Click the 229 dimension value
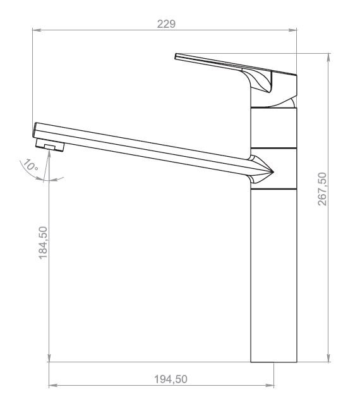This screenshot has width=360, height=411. pos(166,24)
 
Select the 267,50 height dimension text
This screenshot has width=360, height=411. pos(322,188)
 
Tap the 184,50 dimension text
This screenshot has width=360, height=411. pos(43,243)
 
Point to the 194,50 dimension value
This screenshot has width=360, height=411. pos(171,379)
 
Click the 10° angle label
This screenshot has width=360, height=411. pos(31,165)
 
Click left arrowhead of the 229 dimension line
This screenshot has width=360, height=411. pos(37,30)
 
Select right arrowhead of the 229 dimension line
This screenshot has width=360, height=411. pos(292,30)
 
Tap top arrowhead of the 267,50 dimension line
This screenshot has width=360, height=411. pos(329,58)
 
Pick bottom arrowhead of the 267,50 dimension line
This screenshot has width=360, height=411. pos(329,358)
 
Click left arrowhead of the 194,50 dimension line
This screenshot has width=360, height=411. pos(54,385)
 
